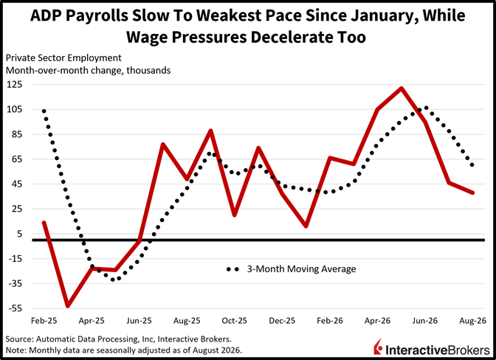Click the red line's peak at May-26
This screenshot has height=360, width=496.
tap(401, 89)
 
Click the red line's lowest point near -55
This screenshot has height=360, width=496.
tap(68, 305)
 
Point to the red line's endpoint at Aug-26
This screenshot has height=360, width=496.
tap(472, 193)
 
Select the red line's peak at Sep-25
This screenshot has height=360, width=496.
tap(210, 131)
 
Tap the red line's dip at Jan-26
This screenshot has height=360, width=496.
tap(306, 226)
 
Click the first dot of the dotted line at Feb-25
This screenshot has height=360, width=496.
tap(44, 111)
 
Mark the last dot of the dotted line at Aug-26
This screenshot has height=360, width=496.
tap(472, 165)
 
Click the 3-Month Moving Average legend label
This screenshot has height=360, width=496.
tap(301, 269)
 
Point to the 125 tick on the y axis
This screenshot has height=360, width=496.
tap(14, 84)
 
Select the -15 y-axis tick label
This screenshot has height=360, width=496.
tap(15, 258)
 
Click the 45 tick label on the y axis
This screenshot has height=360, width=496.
tap(18, 184)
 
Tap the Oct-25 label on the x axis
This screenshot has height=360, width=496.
tap(234, 321)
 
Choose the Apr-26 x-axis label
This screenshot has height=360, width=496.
tap(377, 321)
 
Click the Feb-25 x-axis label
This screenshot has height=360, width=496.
tap(44, 321)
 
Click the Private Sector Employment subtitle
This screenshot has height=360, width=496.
tap(63, 58)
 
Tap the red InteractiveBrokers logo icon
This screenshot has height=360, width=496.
tap(378, 347)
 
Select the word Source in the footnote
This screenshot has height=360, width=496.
tap(18, 339)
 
